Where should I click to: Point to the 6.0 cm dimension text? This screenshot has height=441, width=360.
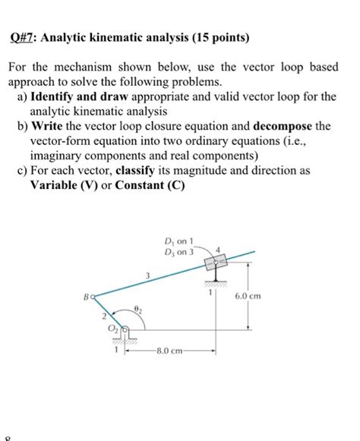click(x=269, y=296)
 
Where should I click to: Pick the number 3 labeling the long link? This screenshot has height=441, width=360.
click(x=149, y=275)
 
